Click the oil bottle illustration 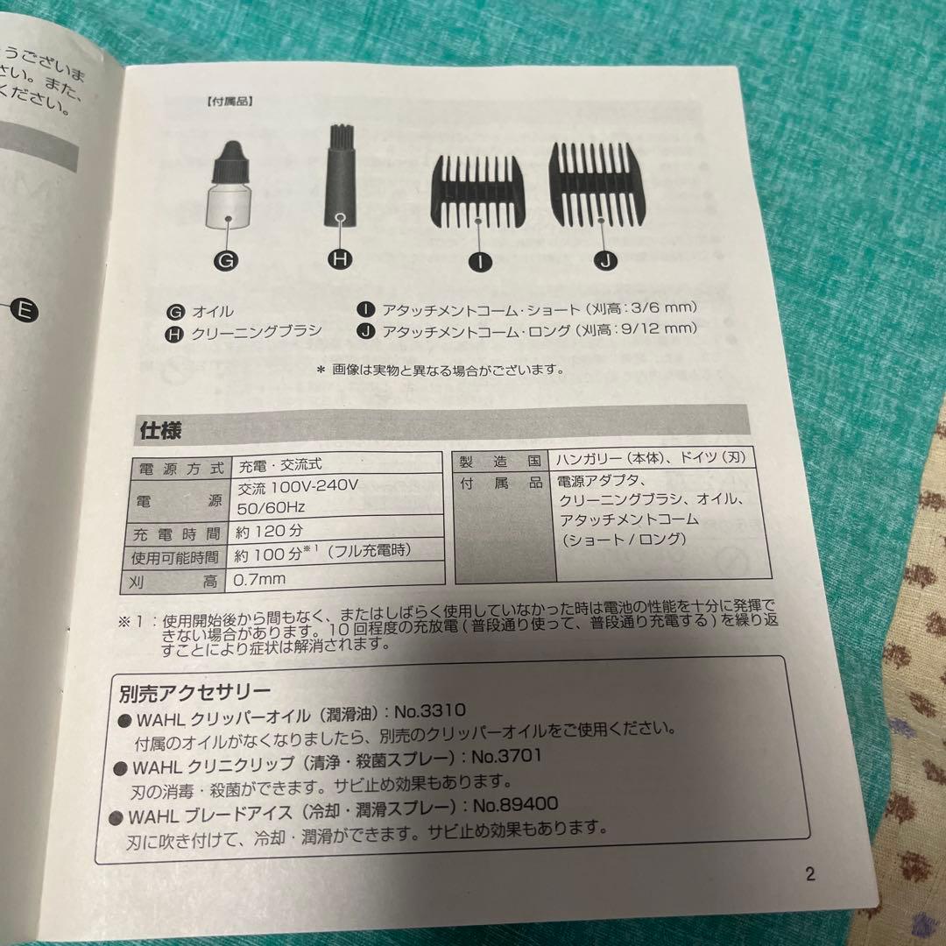tap(227, 186)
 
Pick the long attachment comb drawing tap(601, 181)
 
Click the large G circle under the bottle tap(225, 259)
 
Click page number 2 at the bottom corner tap(809, 873)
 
